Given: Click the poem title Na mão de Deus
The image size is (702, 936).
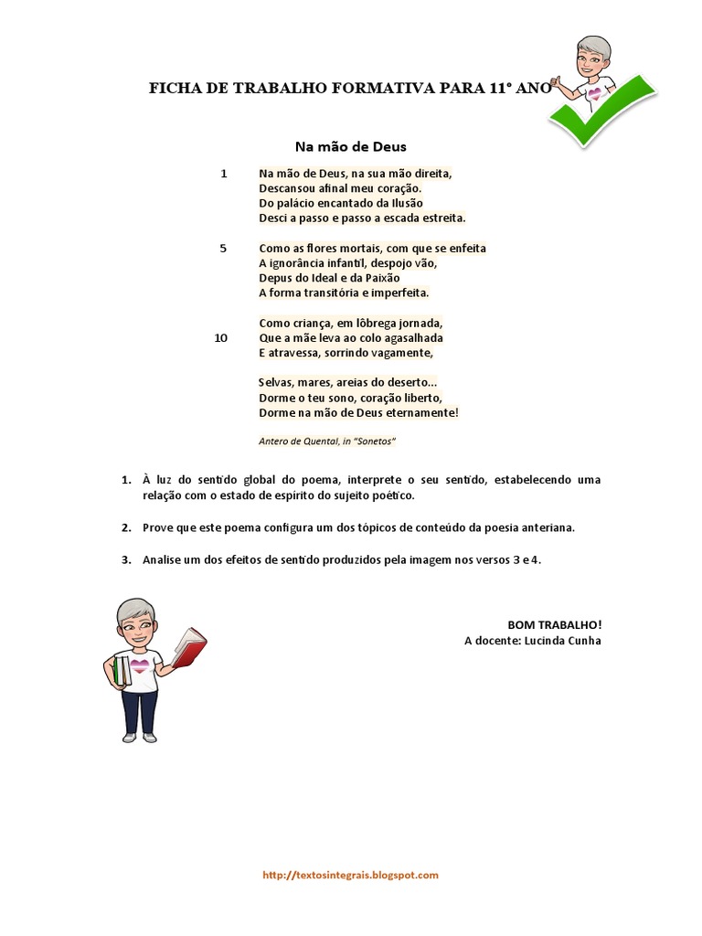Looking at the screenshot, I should click(350, 146).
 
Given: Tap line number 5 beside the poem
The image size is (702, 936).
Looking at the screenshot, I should click(223, 248).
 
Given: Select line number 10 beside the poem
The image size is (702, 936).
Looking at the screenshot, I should click(221, 337).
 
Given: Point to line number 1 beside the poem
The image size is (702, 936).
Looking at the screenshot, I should click(223, 173).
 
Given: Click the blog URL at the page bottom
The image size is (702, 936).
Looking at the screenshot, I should click(350, 875).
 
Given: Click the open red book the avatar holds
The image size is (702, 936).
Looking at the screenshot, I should click(188, 645).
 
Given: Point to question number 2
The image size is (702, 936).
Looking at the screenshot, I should click(126, 527).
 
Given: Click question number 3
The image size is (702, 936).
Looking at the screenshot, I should click(126, 559).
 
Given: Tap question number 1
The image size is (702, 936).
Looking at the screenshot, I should click(126, 480).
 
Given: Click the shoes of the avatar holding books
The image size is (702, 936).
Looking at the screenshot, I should click(139, 737).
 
